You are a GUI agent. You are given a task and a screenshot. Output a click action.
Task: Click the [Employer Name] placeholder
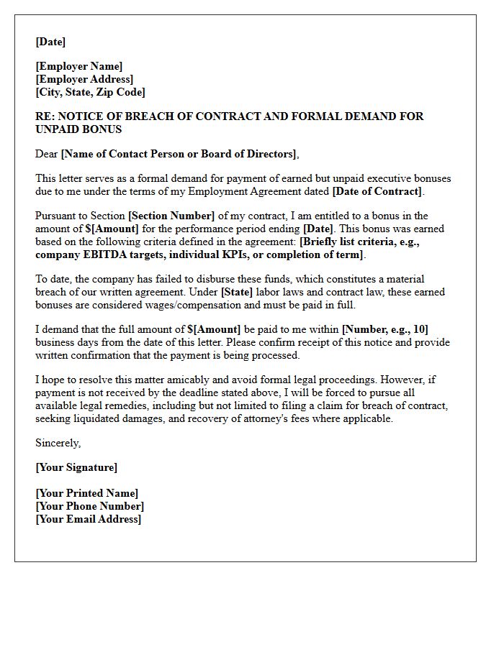(79, 66)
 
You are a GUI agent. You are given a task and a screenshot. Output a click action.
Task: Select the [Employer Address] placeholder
(84, 79)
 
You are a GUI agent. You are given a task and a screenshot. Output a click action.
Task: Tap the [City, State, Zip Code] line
(90, 92)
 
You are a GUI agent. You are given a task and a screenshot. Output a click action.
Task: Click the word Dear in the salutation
(47, 154)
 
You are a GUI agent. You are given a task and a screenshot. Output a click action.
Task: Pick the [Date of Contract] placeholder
(377, 191)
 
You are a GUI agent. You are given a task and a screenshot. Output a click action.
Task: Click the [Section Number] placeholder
(171, 216)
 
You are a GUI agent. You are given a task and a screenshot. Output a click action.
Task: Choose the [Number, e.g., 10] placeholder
(385, 329)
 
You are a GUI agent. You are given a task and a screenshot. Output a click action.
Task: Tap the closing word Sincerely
(58, 443)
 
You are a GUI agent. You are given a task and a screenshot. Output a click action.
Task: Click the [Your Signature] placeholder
(76, 467)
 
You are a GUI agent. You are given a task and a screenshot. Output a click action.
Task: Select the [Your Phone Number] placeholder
(89, 506)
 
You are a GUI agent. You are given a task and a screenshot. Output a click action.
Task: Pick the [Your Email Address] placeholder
(89, 519)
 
